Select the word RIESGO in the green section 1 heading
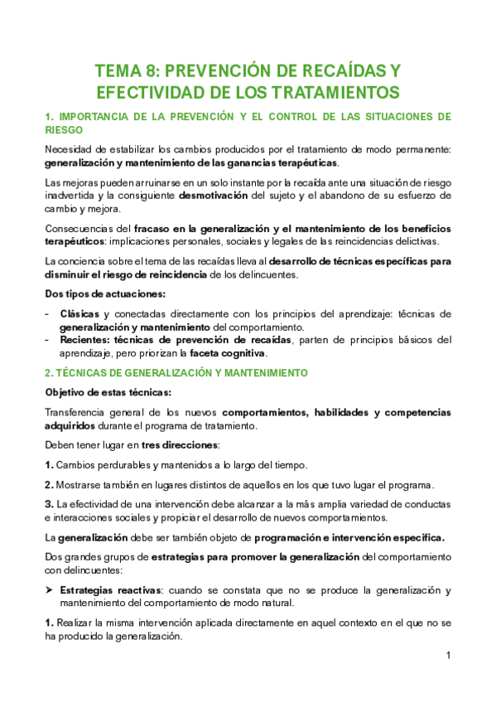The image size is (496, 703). click(64, 129)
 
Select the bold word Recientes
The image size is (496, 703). click(84, 339)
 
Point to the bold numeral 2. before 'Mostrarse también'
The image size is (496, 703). click(49, 485)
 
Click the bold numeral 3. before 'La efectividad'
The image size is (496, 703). click(49, 504)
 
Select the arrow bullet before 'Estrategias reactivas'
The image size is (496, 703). click(49, 590)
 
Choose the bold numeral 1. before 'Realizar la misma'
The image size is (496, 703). click(49, 623)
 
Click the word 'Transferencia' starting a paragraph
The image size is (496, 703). click(75, 412)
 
